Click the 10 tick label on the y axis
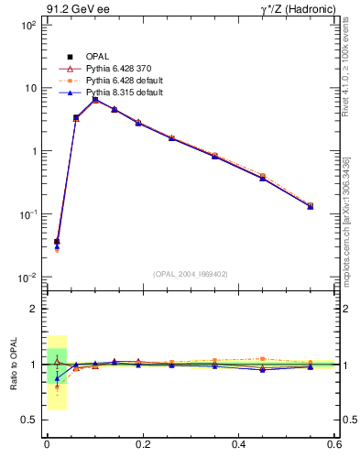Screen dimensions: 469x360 point(29,89)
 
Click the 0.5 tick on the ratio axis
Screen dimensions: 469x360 point(29,420)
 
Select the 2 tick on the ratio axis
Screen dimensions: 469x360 point(33,309)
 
